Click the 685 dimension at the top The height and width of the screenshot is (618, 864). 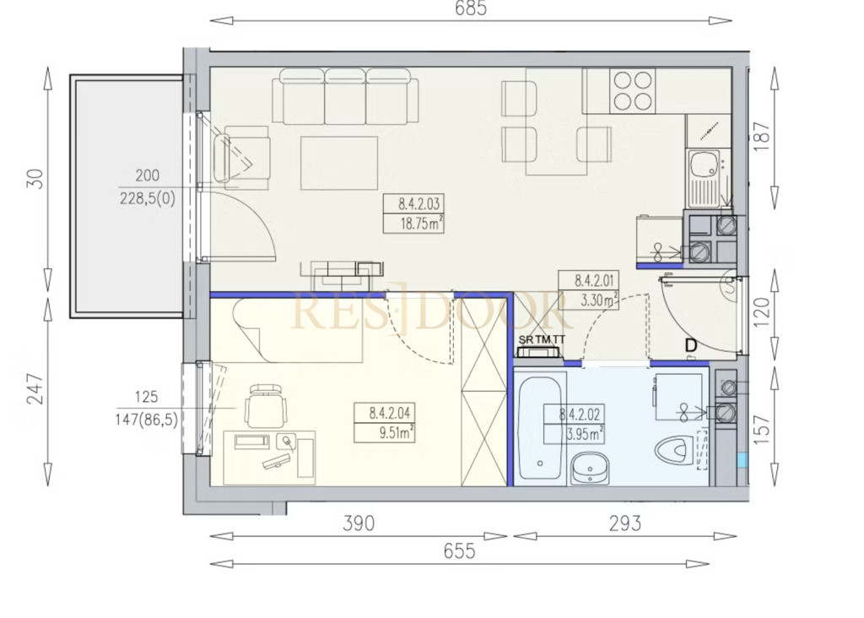coord(471,8)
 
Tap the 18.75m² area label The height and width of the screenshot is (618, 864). coord(422,224)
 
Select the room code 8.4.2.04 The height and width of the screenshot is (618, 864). coord(390,412)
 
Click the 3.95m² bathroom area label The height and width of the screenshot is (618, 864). coord(584,434)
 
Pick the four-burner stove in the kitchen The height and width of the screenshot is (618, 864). coord(633,90)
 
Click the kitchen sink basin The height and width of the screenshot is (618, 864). coord(703,163)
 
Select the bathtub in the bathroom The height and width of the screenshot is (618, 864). coord(540,428)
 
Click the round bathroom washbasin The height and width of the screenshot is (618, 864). coord(590,469)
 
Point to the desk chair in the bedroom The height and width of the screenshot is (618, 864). coord(266,405)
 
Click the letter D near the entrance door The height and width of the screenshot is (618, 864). coord(690,345)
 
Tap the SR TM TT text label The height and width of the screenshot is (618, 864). coord(542,339)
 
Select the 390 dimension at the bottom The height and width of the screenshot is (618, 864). coord(358,523)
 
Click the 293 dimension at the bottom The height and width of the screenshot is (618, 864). coord(625,523)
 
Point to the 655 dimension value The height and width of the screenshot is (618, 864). coord(459,550)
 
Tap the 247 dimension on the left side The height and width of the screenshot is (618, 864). coord(35,388)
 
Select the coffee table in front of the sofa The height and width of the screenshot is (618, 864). coord(339,163)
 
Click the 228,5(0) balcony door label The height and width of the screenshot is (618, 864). coord(147,198)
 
